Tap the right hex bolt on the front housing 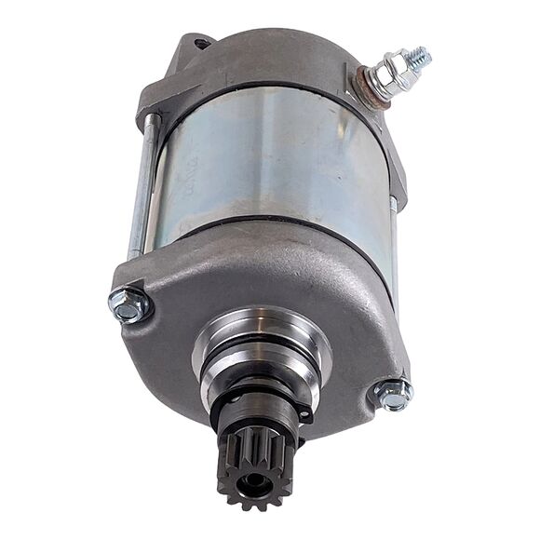pyautogui.click(x=393, y=394)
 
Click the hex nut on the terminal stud pyautogui.click(x=396, y=72)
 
